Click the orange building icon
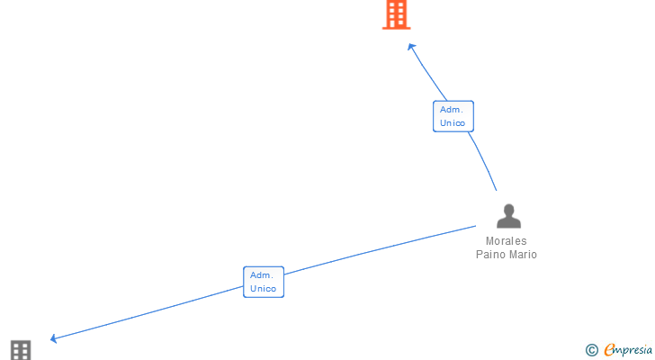click(x=397, y=15)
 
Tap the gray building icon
click(x=21, y=349)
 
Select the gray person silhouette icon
click(x=509, y=217)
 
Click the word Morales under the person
click(x=507, y=241)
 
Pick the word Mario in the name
click(x=523, y=255)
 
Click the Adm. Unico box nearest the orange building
click(x=453, y=116)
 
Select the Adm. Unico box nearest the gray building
click(x=264, y=282)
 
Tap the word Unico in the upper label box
click(x=453, y=123)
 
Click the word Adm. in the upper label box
click(x=452, y=110)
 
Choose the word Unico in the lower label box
click(x=264, y=289)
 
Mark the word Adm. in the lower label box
click(x=262, y=275)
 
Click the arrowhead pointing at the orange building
click(x=411, y=47)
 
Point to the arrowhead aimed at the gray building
click(x=54, y=338)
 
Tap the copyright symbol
click(x=591, y=350)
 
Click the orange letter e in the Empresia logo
click(x=609, y=350)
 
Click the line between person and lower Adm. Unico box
click(x=378, y=249)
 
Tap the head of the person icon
click(x=509, y=210)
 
